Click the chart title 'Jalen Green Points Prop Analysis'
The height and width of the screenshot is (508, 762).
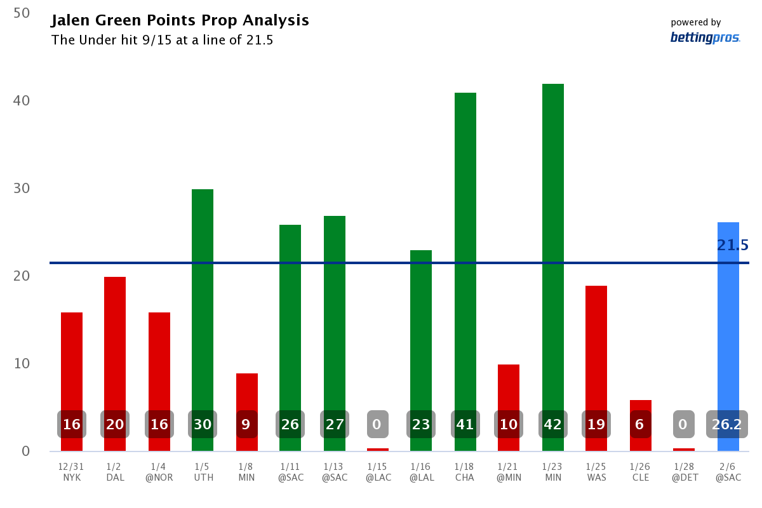coord(180,20)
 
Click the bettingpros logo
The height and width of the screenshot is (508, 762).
coord(705,37)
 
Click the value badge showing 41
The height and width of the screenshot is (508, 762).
coord(465,424)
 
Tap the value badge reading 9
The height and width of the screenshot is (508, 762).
coord(246,424)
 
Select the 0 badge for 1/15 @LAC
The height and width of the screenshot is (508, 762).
coord(377,424)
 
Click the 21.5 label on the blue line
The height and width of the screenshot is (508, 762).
coord(733,245)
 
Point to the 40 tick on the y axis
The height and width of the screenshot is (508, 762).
coord(22,100)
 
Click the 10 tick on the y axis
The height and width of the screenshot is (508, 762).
coord(22,364)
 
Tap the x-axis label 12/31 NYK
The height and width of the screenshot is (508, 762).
coord(71,472)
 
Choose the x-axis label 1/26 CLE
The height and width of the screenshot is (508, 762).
coord(640,472)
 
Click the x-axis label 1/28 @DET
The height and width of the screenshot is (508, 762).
coord(684,472)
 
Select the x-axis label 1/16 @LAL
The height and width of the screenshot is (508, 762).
coord(421,472)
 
